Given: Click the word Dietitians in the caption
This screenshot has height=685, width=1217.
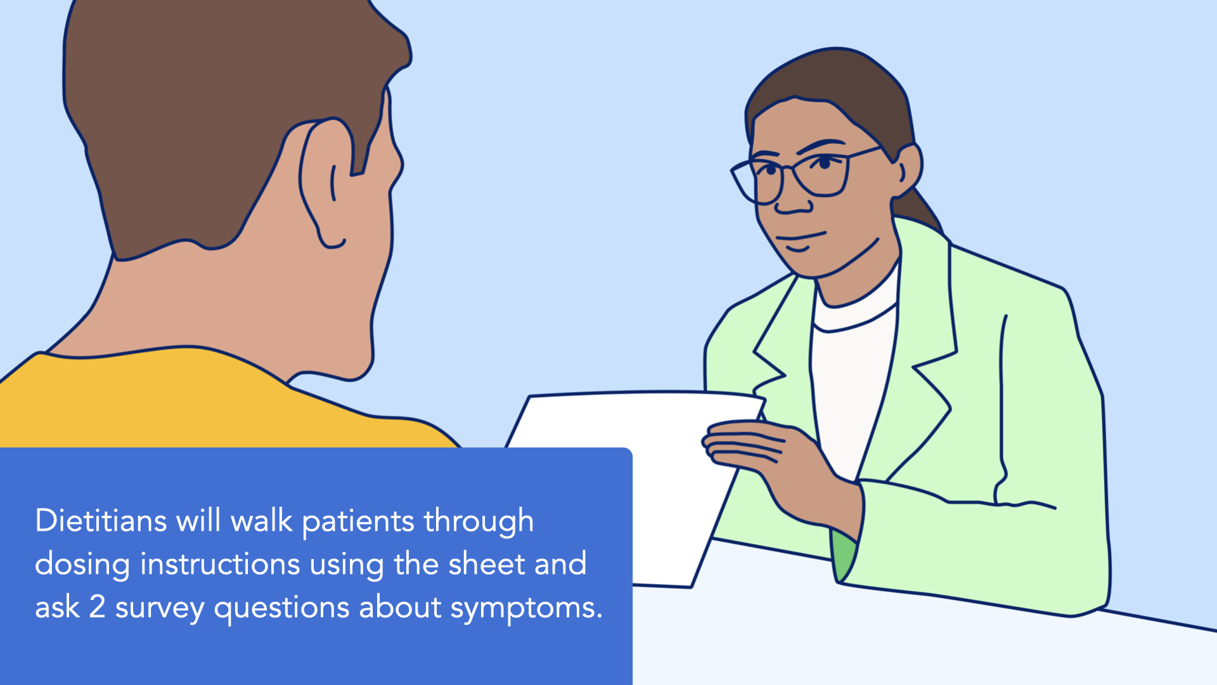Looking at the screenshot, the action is pos(101,521).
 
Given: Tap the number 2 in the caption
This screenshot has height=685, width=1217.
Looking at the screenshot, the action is pos(97,607).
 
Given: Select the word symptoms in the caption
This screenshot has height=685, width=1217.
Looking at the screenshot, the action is pos(526,609).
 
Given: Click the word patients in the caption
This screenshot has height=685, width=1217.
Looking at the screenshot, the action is pos(358,523).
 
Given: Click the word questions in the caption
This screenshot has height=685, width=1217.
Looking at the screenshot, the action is pos(282,609).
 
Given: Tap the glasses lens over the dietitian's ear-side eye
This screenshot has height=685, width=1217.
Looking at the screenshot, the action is pos(823,173).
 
